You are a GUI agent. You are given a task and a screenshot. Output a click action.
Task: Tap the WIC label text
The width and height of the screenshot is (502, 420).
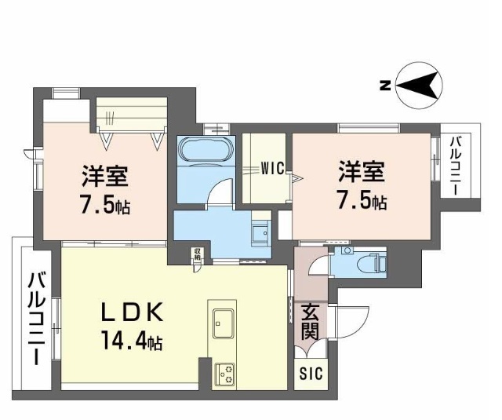tap(272, 166)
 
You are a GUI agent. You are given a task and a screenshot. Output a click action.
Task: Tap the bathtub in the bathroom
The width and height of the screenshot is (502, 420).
tap(205, 151)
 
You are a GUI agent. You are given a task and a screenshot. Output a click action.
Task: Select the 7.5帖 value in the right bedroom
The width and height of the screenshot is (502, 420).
tap(362, 200)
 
